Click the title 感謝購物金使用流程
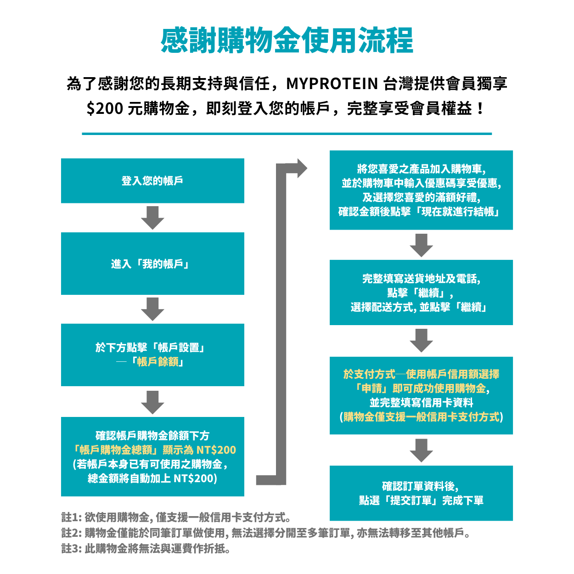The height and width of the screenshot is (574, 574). (x=287, y=40)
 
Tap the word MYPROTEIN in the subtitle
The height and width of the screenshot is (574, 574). (x=332, y=84)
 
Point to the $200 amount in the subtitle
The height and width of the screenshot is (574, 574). (x=105, y=108)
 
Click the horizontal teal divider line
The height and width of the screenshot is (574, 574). (x=287, y=134)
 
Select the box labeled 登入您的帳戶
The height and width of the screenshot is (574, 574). (x=152, y=180)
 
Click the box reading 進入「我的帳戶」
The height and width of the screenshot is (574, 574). (x=152, y=264)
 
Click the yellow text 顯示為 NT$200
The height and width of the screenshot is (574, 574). (x=199, y=450)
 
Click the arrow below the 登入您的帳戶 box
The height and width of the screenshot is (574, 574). (x=152, y=218)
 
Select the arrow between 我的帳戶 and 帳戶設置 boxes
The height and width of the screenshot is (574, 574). (x=152, y=309)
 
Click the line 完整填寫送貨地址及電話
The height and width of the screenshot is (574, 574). (x=421, y=279)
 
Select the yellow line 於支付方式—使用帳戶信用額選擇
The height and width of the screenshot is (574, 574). (x=421, y=374)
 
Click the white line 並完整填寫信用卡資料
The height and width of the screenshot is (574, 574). (x=421, y=403)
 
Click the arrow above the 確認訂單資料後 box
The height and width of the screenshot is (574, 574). (x=421, y=450)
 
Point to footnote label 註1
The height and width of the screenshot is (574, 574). (x=71, y=518)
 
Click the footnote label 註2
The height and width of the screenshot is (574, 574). (x=71, y=533)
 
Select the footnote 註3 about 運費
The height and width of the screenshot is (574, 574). (x=146, y=548)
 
